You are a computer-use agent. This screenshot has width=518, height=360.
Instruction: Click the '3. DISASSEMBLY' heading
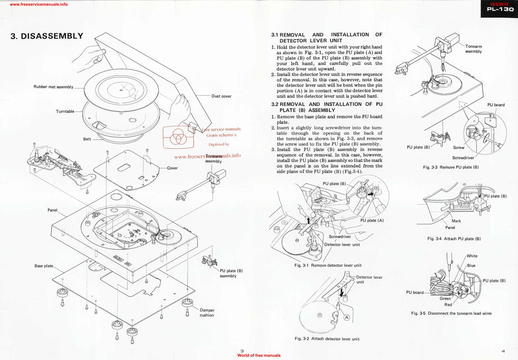47,36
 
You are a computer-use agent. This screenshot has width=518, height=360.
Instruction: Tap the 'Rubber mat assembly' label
53,87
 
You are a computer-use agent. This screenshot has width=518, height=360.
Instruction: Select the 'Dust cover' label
221,96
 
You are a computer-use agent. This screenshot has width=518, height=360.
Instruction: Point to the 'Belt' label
87,139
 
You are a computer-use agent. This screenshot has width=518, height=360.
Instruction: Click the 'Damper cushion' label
207,313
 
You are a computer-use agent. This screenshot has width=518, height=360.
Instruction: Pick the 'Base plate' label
44,266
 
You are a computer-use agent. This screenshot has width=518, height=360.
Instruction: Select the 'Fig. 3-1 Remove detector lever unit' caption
328,265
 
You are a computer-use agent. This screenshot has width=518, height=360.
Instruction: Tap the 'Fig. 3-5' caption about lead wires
451,313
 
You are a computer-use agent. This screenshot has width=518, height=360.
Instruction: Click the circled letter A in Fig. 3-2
347,317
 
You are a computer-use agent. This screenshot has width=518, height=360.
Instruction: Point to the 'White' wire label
472,256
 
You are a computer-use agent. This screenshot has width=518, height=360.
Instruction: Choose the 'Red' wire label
448,305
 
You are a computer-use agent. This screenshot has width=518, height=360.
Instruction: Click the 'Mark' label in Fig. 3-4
456,221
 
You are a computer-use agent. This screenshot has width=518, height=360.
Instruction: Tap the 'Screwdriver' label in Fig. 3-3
463,158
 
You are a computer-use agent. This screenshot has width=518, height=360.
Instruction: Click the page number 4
503,351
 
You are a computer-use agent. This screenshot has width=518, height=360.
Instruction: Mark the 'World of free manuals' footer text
259,355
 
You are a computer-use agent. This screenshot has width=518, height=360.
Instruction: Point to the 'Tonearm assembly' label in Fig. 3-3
474,49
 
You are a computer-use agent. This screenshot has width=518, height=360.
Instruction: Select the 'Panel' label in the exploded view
52,210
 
